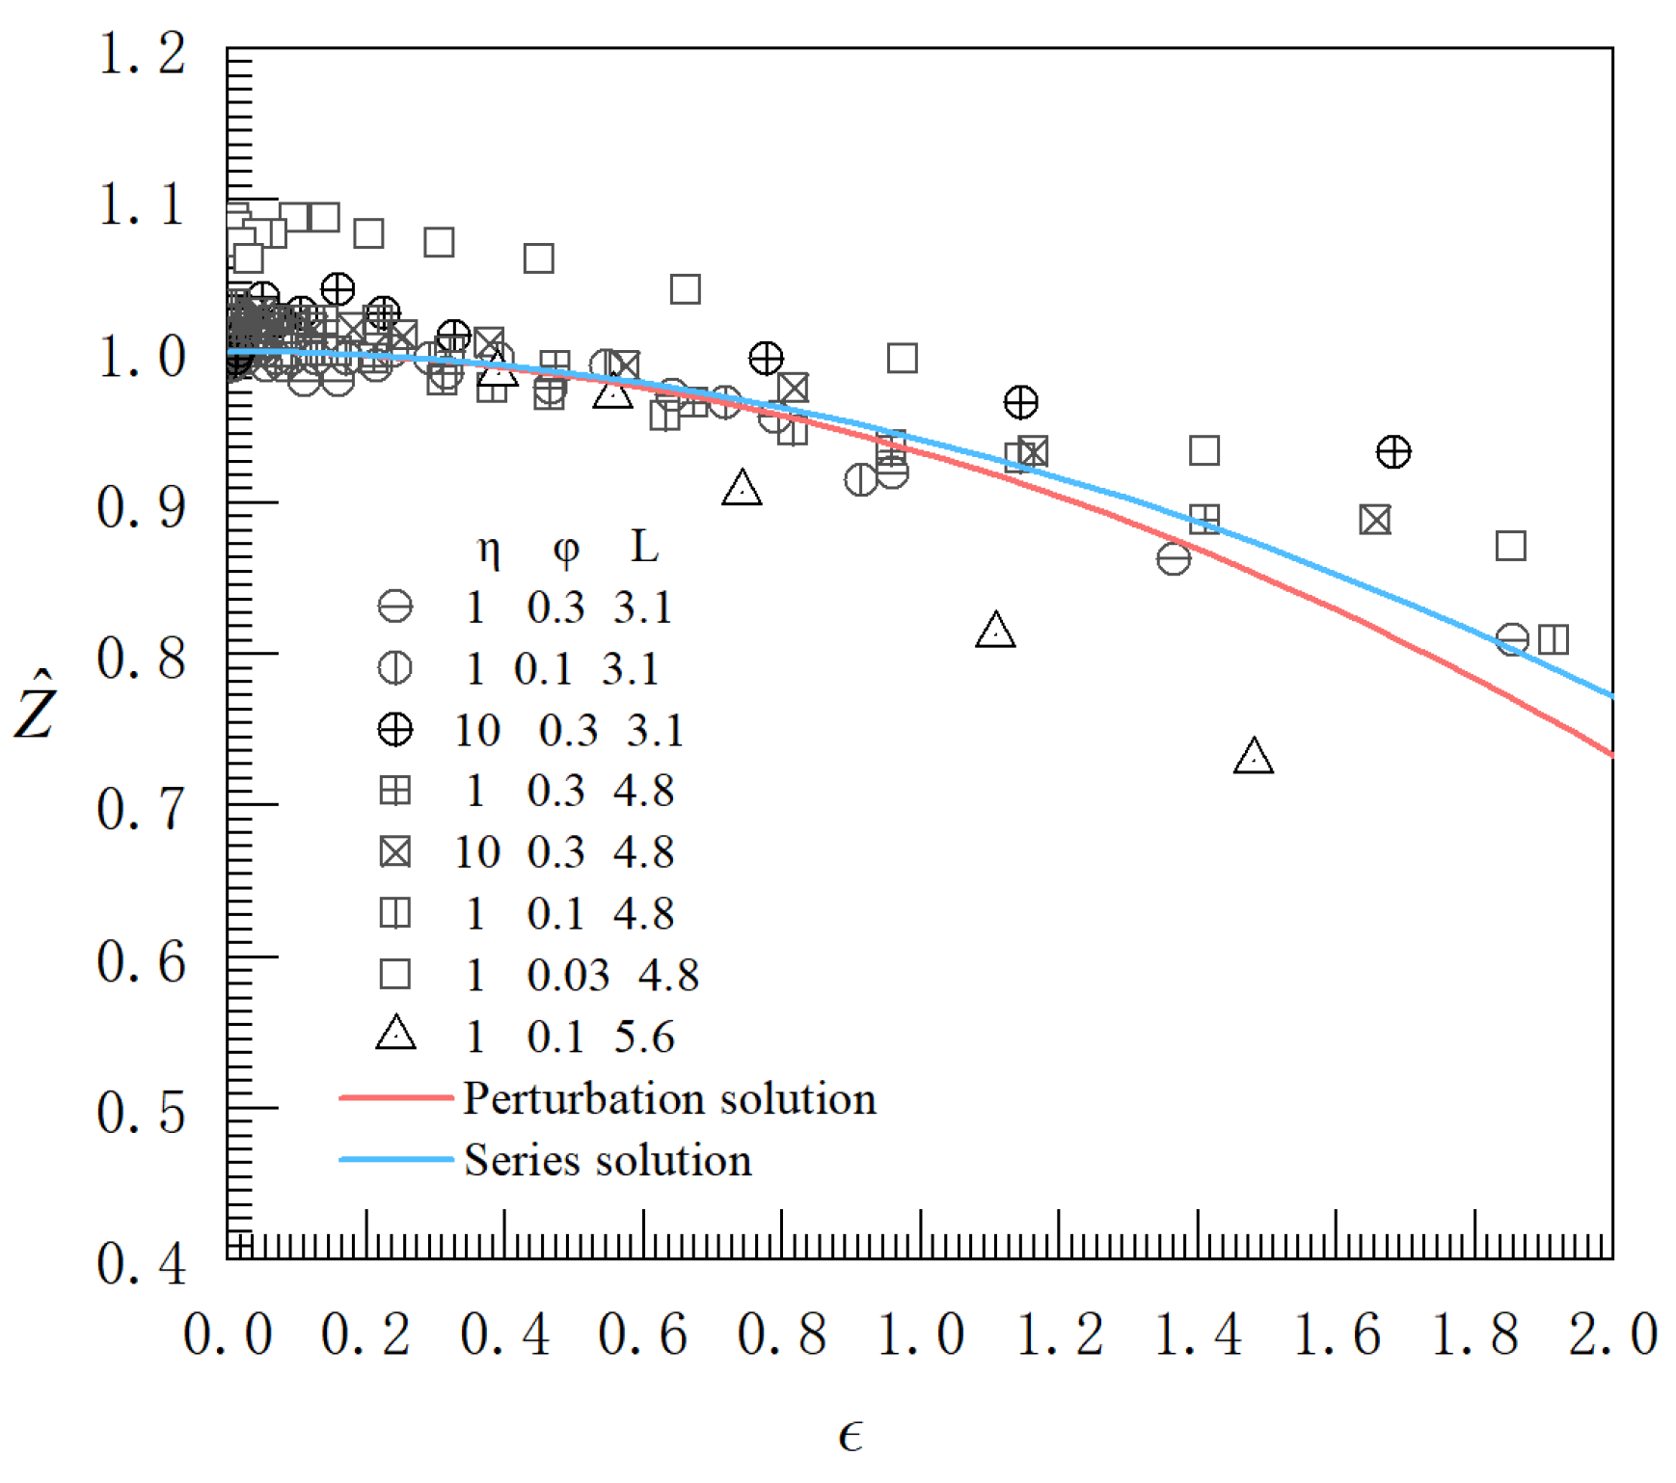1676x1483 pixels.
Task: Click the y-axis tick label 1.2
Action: [141, 54]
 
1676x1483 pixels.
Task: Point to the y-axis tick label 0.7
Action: [141, 809]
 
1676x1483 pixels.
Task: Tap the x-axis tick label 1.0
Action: [920, 1335]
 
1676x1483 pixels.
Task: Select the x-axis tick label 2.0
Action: [1611, 1335]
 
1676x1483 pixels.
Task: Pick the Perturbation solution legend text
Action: [669, 1099]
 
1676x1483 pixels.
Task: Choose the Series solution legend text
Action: [608, 1160]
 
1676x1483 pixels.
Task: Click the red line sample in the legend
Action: [395, 1097]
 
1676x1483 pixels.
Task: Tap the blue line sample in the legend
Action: [395, 1159]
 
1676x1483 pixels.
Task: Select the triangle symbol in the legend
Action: [395, 1035]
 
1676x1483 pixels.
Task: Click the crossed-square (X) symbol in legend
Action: [395, 852]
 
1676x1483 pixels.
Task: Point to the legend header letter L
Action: [644, 547]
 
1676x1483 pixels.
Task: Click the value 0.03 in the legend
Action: [568, 975]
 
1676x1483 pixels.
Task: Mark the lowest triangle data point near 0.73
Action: [1253, 757]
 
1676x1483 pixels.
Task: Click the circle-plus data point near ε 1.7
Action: [1392, 451]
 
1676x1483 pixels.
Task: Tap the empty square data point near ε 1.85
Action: [1510, 546]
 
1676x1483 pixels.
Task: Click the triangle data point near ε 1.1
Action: [995, 631]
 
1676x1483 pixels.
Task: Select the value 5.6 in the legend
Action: [644, 1037]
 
